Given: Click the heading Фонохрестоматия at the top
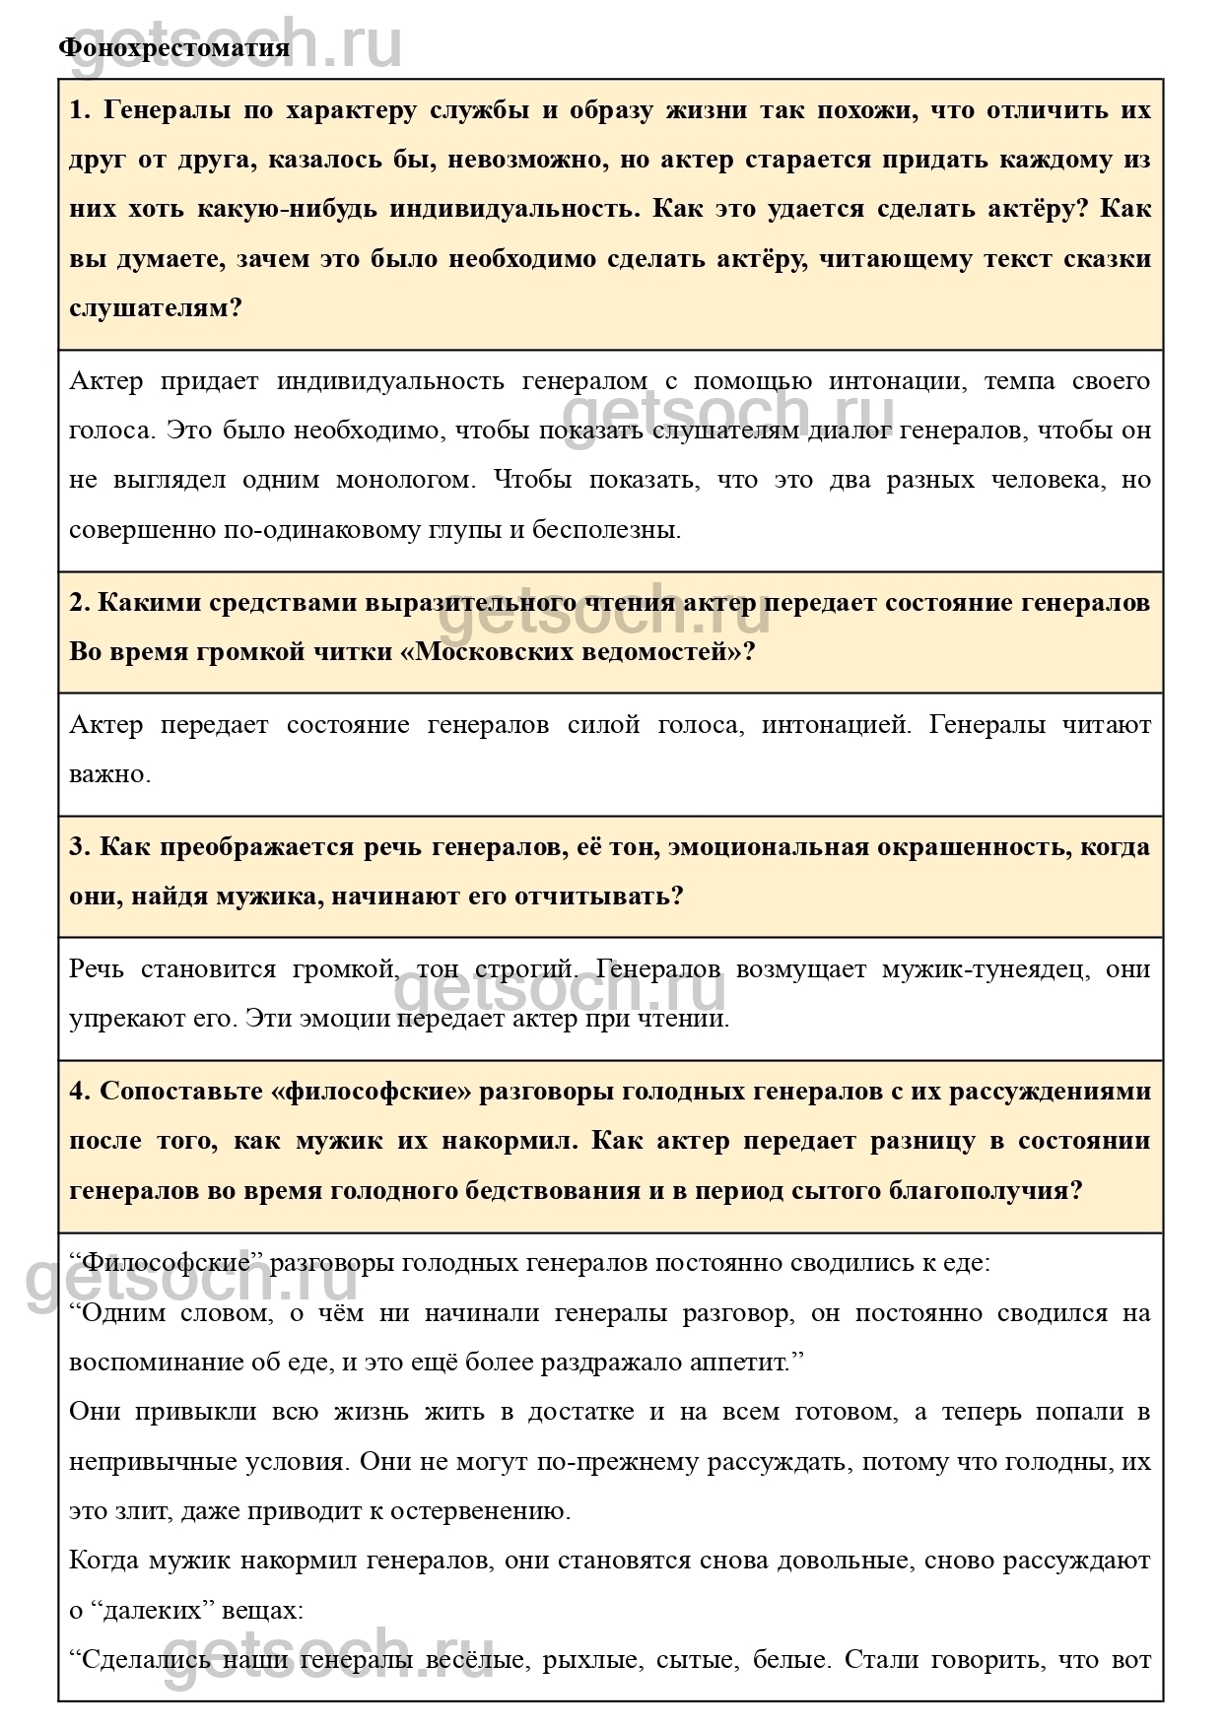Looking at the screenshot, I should click(174, 47).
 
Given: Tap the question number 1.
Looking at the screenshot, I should click(79, 110).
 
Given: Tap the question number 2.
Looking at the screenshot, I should click(79, 602).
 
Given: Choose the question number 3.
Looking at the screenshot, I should click(79, 846).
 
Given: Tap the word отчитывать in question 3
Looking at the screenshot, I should click(605, 896).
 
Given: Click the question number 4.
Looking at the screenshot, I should click(79, 1091).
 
